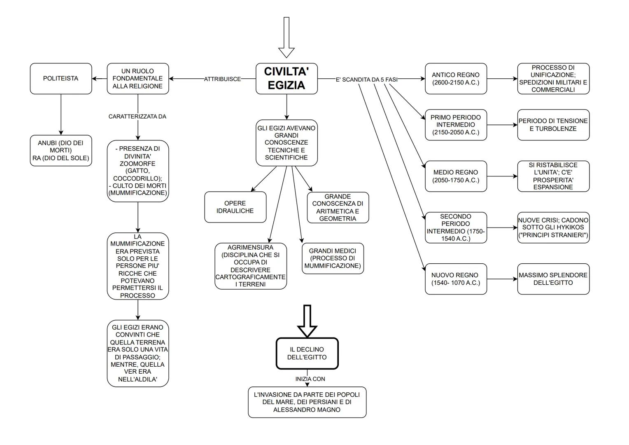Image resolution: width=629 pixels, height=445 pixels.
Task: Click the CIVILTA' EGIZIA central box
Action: click(287, 78)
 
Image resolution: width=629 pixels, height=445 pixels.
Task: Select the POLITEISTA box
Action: click(61, 78)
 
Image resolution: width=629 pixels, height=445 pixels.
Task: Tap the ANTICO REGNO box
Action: click(456, 78)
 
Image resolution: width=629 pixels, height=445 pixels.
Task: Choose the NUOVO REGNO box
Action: click(456, 279)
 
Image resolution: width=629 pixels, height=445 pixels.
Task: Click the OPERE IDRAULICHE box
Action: click(235, 207)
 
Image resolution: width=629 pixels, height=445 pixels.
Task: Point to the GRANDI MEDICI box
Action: click(333, 258)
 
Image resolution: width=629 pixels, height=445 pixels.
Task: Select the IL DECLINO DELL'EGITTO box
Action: click(307, 354)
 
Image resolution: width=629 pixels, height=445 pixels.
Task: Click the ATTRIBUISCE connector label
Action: click(222, 79)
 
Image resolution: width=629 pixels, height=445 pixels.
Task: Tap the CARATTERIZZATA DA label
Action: click(137, 117)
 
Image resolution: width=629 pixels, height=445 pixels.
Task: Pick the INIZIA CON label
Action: click(310, 379)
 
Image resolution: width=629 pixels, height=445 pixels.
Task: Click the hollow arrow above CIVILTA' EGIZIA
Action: click(287, 37)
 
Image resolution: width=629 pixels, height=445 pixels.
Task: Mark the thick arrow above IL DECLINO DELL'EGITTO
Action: click(307, 321)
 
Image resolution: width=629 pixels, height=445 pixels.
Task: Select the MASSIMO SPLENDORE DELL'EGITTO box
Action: click(553, 279)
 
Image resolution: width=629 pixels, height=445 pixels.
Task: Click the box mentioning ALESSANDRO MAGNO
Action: click(307, 402)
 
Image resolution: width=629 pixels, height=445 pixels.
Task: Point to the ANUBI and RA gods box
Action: click(61, 150)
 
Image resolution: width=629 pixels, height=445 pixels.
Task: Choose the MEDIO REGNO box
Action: click(456, 176)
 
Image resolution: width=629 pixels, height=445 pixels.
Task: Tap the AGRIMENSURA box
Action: click(251, 266)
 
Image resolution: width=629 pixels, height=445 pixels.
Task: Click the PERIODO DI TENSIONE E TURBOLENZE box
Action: click(553, 125)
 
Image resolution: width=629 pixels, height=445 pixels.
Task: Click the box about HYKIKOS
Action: click(553, 227)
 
